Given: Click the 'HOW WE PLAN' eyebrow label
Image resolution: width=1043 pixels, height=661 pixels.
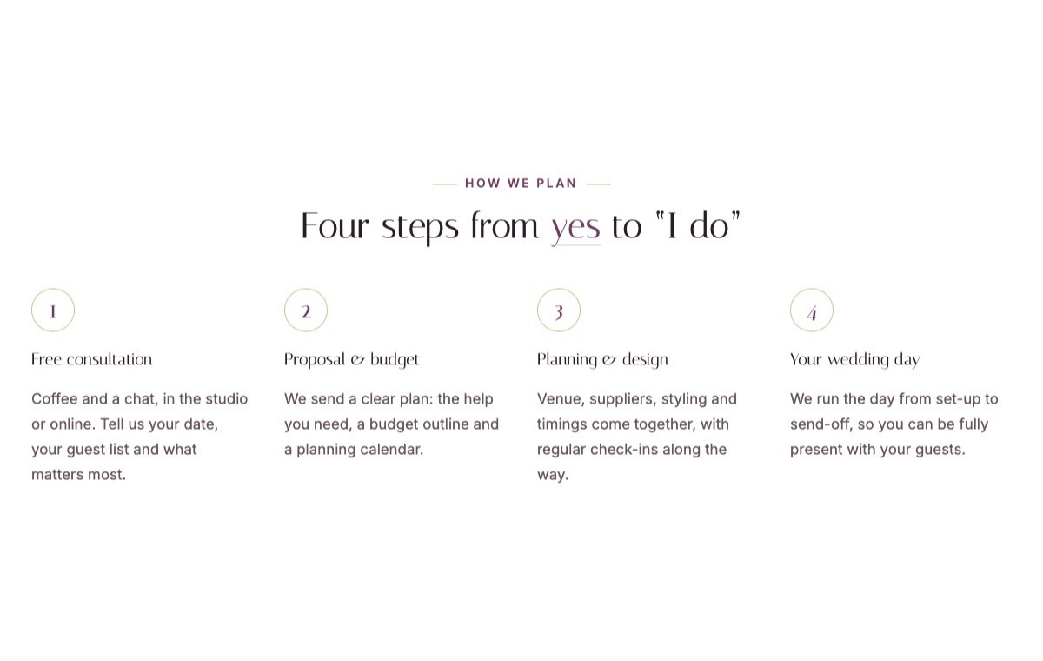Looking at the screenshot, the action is [x=521, y=183].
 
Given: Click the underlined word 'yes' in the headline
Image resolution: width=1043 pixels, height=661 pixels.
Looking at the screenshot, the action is [x=575, y=228].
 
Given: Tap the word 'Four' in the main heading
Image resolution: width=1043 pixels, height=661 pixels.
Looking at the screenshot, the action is [x=335, y=226].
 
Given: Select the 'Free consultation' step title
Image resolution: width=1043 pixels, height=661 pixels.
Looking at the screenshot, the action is [x=92, y=359].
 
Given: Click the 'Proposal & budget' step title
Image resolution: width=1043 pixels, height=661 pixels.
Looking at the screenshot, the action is [x=351, y=360].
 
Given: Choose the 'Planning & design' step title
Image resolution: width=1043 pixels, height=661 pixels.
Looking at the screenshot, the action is [x=602, y=360].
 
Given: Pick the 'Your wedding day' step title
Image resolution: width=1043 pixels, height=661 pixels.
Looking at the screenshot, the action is [x=855, y=360].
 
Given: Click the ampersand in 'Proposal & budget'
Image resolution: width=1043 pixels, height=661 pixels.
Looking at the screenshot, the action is [x=357, y=360].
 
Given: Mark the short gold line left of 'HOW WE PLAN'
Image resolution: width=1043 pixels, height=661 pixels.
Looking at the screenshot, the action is [x=445, y=184].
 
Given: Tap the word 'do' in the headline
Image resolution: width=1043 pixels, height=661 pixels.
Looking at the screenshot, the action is [x=709, y=226].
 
